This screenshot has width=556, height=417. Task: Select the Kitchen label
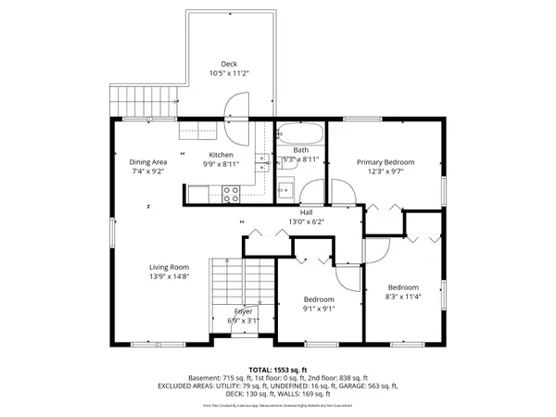pyautogui.click(x=221, y=155)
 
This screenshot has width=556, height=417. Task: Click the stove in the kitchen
pyautogui.click(x=232, y=193)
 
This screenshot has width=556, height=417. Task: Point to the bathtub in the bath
pyautogui.click(x=301, y=133)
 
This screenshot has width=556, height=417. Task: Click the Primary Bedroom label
pyautogui.click(x=385, y=162)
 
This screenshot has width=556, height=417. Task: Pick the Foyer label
pyautogui.click(x=244, y=311)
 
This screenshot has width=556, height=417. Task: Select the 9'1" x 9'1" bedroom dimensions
pyautogui.click(x=319, y=309)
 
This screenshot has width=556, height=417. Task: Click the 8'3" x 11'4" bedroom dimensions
pyautogui.click(x=403, y=297)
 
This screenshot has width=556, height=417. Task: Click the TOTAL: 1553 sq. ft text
pyautogui.click(x=277, y=369)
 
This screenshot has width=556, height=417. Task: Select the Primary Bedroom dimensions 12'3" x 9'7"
pyautogui.click(x=385, y=171)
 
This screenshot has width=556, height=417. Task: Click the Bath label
pyautogui.click(x=301, y=150)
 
